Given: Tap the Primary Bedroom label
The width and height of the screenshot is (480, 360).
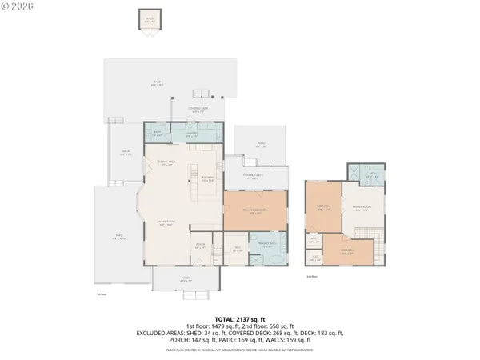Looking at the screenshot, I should coord(254,212).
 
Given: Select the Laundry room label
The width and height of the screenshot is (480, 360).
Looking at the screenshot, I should coord(192,134).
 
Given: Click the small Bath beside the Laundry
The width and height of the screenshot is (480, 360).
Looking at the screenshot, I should coord(158,134).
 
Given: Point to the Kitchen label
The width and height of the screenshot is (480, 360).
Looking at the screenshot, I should coord(207,178).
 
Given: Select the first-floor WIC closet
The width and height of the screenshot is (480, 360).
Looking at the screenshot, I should coord(236,248).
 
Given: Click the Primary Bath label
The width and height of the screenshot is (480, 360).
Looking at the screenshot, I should coord(267,246).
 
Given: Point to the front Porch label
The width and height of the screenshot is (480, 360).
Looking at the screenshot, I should coord(185,281).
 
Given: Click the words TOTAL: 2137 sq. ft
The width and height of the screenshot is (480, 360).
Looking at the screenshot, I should coord(239,318).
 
